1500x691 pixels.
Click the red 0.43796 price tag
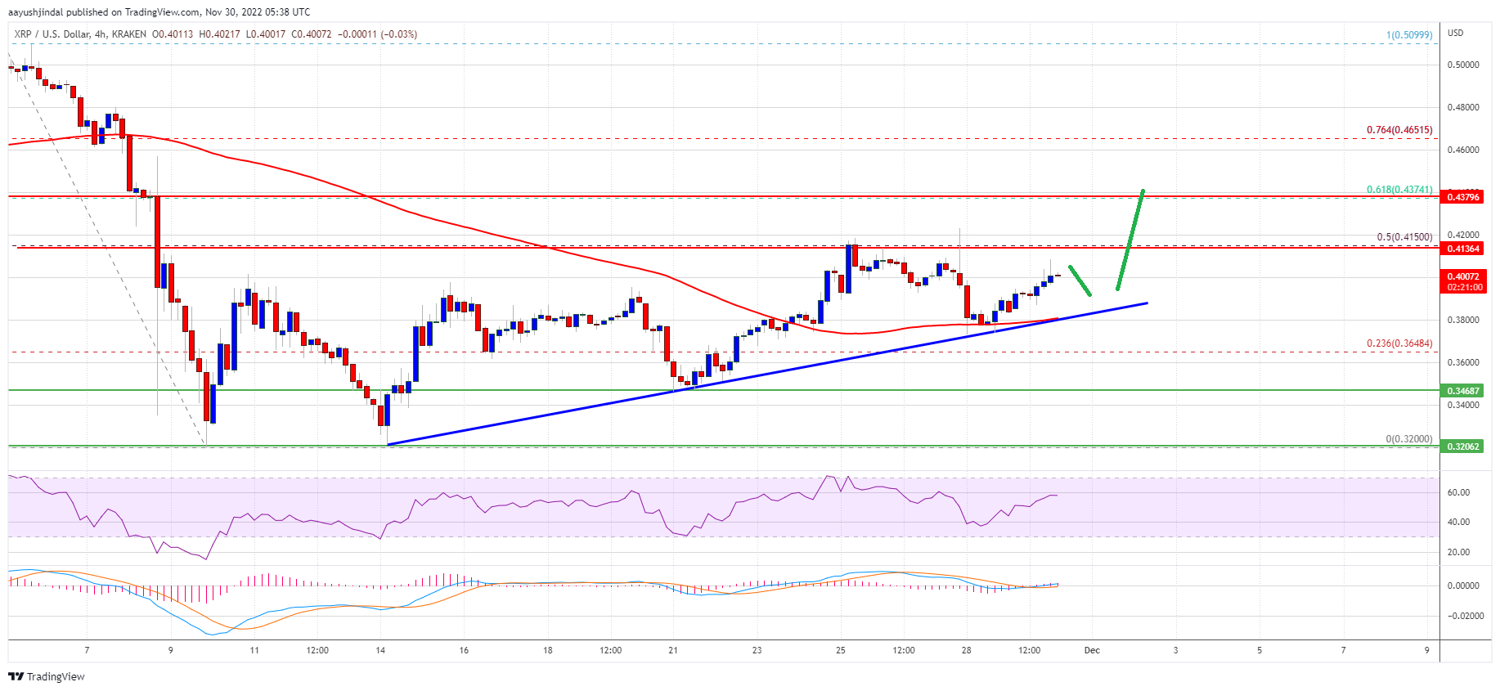click(1462, 197)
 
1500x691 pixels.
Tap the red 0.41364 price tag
click(1462, 249)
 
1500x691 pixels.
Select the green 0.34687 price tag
click(1462, 391)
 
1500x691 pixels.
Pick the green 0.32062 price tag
click(1462, 446)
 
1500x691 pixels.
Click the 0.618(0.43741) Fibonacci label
click(1399, 190)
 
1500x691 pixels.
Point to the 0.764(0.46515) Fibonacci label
click(1399, 130)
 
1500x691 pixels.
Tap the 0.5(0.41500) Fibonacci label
click(1403, 237)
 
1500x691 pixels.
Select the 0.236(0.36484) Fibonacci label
click(1399, 343)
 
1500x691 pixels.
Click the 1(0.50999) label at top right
click(1408, 35)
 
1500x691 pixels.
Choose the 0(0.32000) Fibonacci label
click(1408, 439)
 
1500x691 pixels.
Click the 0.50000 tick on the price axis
click(1462, 65)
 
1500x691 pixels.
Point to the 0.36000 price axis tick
click(1462, 362)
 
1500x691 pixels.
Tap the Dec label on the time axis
click(1092, 651)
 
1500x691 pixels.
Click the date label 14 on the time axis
click(380, 651)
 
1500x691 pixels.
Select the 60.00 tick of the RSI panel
click(1458, 492)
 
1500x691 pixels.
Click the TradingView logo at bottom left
click(47, 676)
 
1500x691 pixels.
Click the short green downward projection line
click(1080, 280)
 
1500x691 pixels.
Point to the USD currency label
click(1455, 34)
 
